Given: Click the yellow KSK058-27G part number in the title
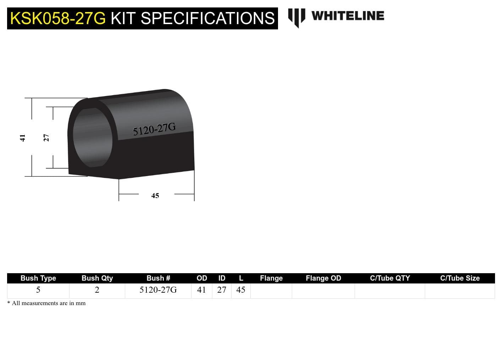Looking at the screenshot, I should [58, 18].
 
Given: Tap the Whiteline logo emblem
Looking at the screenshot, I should [296, 17].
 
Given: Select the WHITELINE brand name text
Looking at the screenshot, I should [348, 16].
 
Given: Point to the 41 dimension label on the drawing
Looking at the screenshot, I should [23, 138].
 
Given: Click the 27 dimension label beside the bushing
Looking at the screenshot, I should [46, 138].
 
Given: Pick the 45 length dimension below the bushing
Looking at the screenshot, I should [155, 196].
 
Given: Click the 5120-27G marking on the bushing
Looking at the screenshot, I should [154, 129].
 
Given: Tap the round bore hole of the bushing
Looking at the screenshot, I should [93, 137].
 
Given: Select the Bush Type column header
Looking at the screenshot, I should [38, 278].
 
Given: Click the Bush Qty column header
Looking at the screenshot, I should [97, 278].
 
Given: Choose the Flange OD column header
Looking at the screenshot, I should [323, 278].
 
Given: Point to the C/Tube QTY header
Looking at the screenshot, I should [390, 278].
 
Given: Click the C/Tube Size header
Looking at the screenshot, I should [460, 278].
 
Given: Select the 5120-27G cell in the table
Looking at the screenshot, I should [158, 290].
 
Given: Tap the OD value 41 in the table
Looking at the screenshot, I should [201, 290].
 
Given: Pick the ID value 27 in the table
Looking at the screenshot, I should [222, 290].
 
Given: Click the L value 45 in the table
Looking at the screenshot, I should [241, 290].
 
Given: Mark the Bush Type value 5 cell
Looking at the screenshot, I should [38, 290].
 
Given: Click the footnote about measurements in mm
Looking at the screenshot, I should [46, 303].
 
